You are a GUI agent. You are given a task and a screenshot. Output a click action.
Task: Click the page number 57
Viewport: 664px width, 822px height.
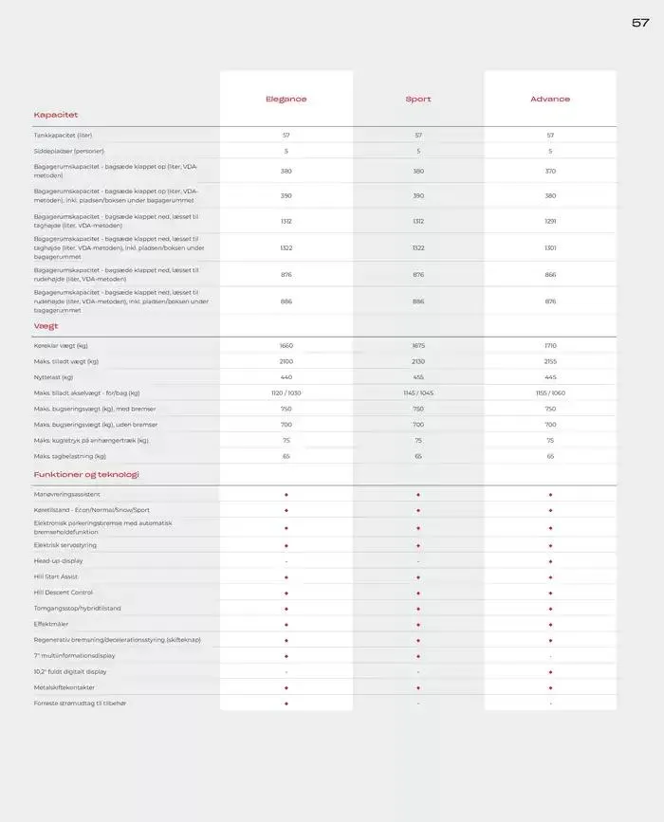coord(640,23)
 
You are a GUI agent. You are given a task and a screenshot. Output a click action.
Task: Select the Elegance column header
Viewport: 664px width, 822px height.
coord(286,100)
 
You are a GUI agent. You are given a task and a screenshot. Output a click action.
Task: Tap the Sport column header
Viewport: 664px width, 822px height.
coord(418,100)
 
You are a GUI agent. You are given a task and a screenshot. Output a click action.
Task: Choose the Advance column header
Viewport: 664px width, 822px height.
coord(550,100)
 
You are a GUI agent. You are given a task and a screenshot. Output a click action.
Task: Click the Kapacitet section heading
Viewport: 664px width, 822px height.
coord(56,116)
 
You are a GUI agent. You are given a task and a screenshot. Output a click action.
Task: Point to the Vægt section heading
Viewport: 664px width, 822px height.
coord(46,326)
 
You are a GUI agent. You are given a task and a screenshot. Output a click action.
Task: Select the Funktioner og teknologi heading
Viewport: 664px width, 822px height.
coord(86,474)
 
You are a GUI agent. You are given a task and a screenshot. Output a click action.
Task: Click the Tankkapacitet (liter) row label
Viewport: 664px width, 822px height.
coord(65,136)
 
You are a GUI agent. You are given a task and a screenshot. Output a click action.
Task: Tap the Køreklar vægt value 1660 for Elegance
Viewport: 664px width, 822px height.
coord(286,346)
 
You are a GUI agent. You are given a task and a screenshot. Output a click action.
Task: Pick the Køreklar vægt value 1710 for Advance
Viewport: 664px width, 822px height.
coord(550,346)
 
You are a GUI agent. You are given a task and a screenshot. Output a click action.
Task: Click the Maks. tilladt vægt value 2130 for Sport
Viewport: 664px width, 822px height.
coord(418,361)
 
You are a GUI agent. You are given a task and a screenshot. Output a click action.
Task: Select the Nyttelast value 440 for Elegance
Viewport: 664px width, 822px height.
coord(286,377)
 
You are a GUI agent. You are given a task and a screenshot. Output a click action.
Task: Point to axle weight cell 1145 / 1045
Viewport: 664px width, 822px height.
coord(418,393)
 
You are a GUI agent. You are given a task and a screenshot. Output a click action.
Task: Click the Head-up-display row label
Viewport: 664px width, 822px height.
coord(59,561)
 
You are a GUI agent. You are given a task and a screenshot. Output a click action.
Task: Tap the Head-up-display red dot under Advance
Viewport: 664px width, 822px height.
coord(550,561)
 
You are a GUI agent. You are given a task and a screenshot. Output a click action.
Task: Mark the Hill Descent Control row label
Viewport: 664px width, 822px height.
coord(64,593)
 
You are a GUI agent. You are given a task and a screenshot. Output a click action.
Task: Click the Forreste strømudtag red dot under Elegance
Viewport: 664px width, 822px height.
coord(286,703)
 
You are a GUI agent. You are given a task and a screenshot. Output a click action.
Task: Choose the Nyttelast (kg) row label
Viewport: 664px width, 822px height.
coord(54,377)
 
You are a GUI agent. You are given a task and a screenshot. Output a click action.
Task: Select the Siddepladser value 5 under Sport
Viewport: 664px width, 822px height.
coord(418,151)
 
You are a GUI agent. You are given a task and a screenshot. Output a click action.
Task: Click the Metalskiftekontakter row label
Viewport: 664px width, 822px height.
coord(65,687)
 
